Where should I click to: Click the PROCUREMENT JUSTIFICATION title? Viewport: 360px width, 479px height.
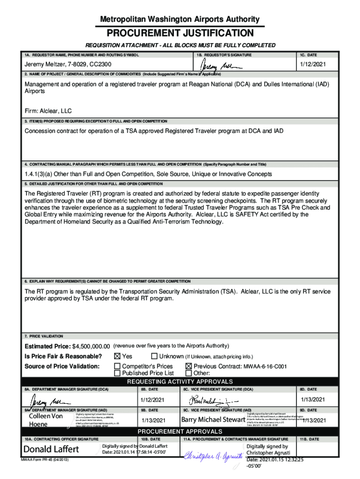click(x=180, y=33)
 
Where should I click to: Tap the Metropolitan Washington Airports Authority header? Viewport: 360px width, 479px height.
click(x=180, y=19)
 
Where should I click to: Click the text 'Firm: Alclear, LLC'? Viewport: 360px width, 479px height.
click(x=48, y=111)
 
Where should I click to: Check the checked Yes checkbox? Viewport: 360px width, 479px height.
click(x=117, y=356)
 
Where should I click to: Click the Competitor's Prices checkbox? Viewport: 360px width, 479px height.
click(x=117, y=366)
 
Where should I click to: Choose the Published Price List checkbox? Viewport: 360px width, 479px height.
click(x=117, y=373)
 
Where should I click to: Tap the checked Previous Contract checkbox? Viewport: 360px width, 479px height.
click(x=189, y=366)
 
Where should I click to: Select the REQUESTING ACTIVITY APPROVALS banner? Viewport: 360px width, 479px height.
click(x=180, y=382)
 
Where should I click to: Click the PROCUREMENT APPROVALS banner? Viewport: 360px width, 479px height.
click(x=180, y=431)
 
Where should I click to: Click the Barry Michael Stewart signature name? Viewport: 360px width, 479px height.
click(x=213, y=419)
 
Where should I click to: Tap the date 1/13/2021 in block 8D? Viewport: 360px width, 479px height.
click(x=312, y=399)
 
